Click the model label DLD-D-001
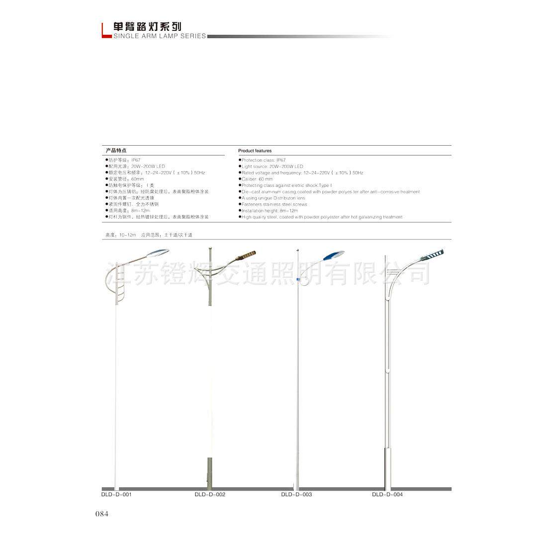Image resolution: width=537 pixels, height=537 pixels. pyautogui.click(x=116, y=495)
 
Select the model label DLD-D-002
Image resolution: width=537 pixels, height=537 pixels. pyautogui.click(x=210, y=495)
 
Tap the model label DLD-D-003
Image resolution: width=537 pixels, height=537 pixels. pyautogui.click(x=296, y=495)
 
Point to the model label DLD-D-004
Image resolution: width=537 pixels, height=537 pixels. pyautogui.click(x=387, y=495)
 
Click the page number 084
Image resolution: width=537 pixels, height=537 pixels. pyautogui.click(x=101, y=514)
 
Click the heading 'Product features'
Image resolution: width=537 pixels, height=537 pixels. pyautogui.click(x=255, y=151)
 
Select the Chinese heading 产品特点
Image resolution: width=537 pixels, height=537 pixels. pyautogui.click(x=115, y=150)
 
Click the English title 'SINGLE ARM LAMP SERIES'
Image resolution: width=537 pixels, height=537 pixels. pyautogui.click(x=160, y=36)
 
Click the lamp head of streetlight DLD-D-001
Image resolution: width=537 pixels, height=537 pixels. pyautogui.click(x=159, y=252)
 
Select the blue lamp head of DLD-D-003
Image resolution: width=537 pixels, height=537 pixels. pyautogui.click(x=333, y=255)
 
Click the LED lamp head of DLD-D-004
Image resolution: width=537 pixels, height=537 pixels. pyautogui.click(x=432, y=255)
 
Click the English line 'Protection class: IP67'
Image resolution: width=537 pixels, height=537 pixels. pyautogui.click(x=264, y=160)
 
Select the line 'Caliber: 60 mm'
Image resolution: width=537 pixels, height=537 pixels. pyautogui.click(x=257, y=179)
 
